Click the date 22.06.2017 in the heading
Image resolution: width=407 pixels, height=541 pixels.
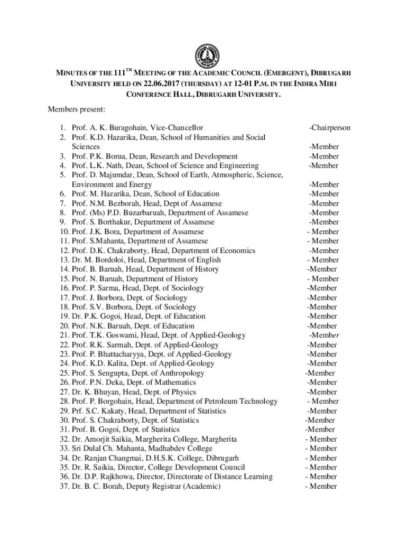click(162, 83)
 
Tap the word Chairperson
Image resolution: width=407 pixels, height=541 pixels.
click(331, 128)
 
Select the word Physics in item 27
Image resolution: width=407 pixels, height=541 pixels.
click(182, 392)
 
